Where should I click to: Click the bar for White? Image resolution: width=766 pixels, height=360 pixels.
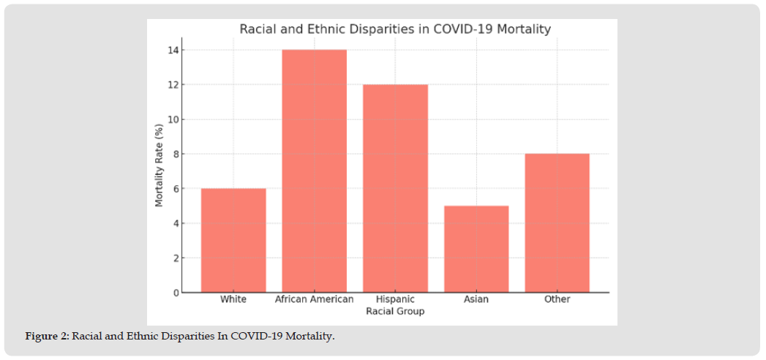click(233, 240)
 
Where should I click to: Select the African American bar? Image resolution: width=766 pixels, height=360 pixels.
click(315, 170)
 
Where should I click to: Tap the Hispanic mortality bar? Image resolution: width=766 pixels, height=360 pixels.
click(395, 188)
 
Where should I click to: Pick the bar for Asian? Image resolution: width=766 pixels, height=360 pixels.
click(476, 249)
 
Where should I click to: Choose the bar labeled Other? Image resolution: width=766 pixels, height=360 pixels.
click(557, 222)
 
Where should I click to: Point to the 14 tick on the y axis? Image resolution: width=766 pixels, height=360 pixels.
click(173, 50)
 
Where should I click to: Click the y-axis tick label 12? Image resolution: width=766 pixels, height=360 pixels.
click(173, 85)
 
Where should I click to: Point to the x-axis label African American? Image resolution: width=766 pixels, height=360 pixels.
click(314, 299)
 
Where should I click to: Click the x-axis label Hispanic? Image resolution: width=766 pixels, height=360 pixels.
click(395, 299)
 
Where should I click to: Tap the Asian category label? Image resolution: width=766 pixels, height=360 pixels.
click(476, 299)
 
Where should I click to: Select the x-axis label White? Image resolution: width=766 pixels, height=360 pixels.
click(233, 299)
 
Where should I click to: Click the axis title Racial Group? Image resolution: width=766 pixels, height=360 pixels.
click(395, 311)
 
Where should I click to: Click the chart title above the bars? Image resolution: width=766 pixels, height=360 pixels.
click(395, 29)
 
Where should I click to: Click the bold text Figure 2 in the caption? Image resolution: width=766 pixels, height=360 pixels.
click(47, 336)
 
